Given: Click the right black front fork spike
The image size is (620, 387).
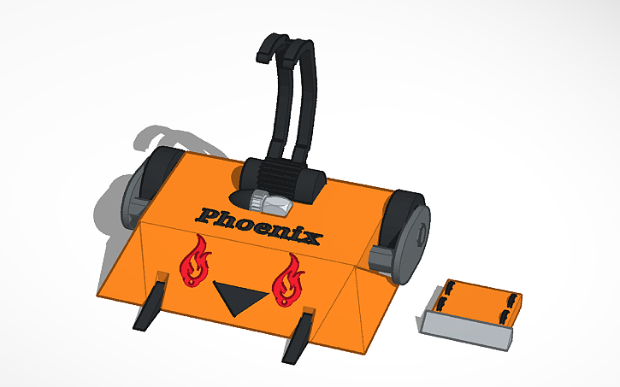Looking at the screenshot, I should (300, 335).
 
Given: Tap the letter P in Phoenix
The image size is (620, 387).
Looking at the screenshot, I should (208, 214).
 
